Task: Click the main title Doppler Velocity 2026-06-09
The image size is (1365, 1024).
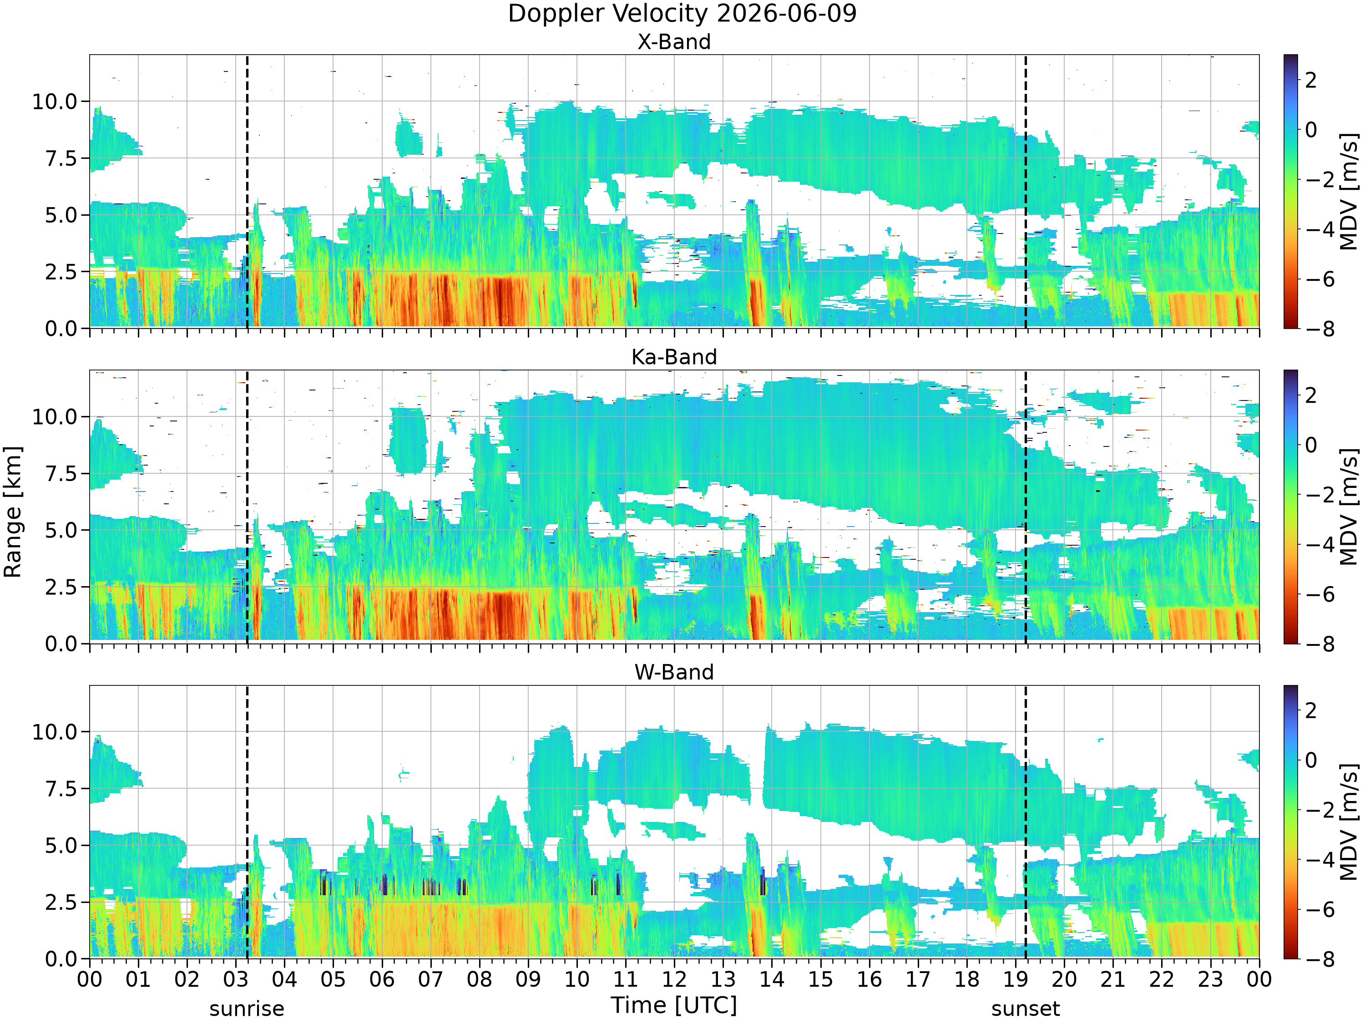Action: [x=682, y=14]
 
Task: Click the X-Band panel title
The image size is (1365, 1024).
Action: [x=674, y=42]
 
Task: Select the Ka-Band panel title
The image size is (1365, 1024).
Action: [x=674, y=357]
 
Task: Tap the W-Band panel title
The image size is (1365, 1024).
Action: [x=674, y=672]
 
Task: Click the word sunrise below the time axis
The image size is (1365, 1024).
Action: [x=247, y=1009]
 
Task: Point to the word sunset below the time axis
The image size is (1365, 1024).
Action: [x=1026, y=1009]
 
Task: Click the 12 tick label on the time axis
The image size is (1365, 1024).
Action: [x=674, y=979]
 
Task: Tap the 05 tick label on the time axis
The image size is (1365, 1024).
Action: [x=333, y=979]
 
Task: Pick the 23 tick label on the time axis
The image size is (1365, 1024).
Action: [x=1210, y=979]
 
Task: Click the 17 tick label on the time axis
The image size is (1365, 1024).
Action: [x=918, y=979]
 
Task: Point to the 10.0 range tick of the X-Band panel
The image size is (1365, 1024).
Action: [x=56, y=102]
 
